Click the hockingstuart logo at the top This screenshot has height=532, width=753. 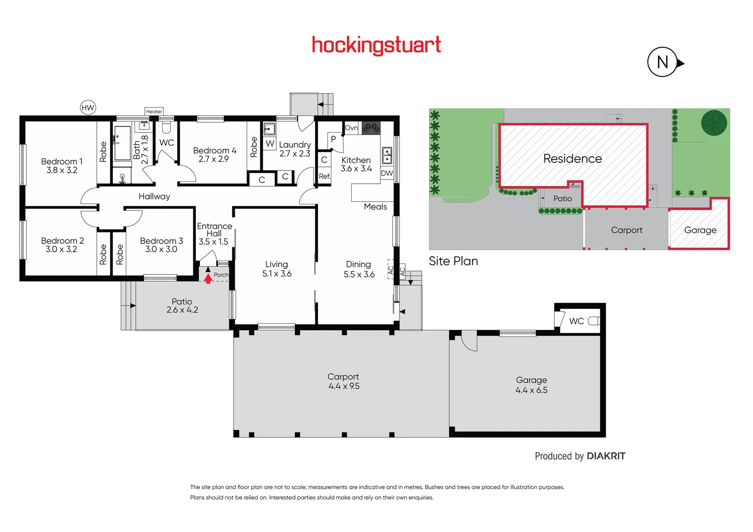coord(376,45)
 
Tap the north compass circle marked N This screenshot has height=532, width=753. coord(662,62)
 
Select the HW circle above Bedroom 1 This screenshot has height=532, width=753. coord(88,107)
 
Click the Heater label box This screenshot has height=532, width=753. coord(154,111)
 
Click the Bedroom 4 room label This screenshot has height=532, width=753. coord(214,154)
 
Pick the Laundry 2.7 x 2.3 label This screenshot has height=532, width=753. coord(295,149)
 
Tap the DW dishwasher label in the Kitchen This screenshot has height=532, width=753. coord(387,173)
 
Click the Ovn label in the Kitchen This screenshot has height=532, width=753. coord(351,128)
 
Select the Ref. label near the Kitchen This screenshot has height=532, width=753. coord(324,176)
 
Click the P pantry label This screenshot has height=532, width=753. coord(333,139)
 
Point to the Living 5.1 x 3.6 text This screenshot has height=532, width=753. coord(277,269)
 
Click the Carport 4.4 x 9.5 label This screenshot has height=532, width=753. coord(344,381)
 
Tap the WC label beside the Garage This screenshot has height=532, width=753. coord(576,321)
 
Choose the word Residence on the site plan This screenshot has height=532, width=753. coord(572,159)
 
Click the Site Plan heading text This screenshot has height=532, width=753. coord(453,261)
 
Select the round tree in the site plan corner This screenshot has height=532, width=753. coord(714,123)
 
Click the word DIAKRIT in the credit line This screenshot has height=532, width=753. coord(606,456)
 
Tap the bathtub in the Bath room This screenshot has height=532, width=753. coord(122,143)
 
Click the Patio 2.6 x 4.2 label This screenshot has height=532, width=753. coord(182,305)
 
